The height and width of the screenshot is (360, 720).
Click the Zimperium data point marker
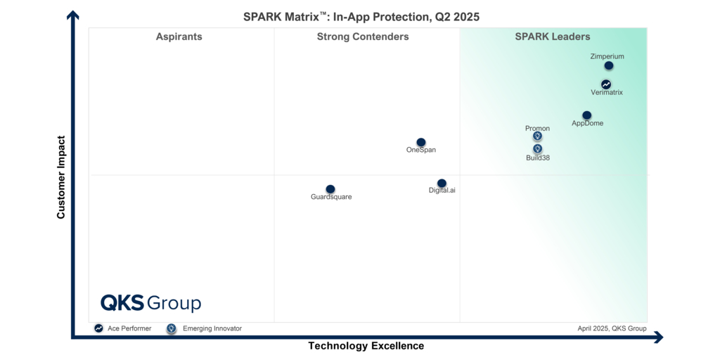(609, 66)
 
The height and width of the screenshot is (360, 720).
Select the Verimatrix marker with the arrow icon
(606, 84)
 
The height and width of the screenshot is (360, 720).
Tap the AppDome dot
(587, 115)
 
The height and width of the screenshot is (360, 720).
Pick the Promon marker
(537, 136)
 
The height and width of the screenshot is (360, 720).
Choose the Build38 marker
(537, 149)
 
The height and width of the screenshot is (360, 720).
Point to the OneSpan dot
(421, 143)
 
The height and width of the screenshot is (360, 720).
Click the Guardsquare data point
(330, 189)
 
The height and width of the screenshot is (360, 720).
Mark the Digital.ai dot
(442, 184)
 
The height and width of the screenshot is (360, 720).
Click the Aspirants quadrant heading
(179, 37)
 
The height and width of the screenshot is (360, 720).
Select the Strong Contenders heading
(363, 37)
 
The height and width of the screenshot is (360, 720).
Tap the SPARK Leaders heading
(553, 37)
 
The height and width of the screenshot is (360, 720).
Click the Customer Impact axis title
(61, 177)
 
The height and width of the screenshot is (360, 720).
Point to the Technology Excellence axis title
(366, 346)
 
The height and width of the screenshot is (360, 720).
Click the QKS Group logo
(150, 303)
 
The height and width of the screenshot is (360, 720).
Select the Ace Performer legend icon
(99, 328)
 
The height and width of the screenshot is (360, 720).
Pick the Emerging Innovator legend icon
(171, 328)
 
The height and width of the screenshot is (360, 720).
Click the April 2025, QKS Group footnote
(612, 328)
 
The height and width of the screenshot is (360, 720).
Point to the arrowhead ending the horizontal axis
(658, 337)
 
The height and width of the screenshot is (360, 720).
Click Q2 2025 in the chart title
(456, 17)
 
